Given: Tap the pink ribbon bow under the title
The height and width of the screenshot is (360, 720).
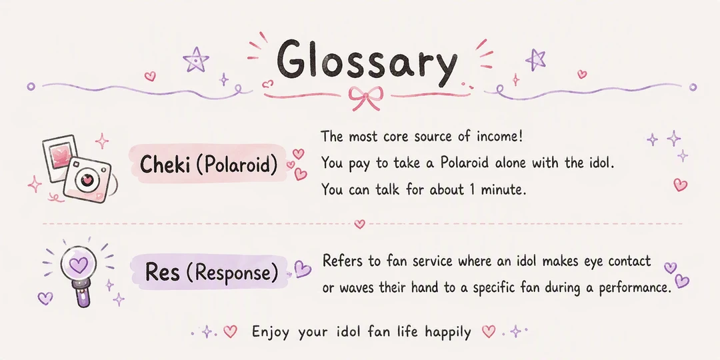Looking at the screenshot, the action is click(365, 97).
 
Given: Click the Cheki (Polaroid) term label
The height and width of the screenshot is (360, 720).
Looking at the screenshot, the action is click(209, 165).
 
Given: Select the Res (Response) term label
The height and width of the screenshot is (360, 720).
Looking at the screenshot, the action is click(212, 272).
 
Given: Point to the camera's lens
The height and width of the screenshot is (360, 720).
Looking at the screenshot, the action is click(87, 180).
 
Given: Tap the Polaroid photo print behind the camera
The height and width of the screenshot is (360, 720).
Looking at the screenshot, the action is click(60, 158).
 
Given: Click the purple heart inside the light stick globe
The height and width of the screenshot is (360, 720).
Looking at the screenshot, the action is click(78, 265).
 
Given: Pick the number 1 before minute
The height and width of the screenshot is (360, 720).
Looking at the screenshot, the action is click(471, 189).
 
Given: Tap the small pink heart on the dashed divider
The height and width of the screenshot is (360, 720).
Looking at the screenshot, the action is click(359, 224).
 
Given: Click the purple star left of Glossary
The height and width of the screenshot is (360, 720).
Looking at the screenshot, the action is click(195, 60).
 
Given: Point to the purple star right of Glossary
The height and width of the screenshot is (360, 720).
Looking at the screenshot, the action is click(535, 60).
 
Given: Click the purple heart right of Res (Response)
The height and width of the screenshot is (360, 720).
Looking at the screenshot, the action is click(302, 269).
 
